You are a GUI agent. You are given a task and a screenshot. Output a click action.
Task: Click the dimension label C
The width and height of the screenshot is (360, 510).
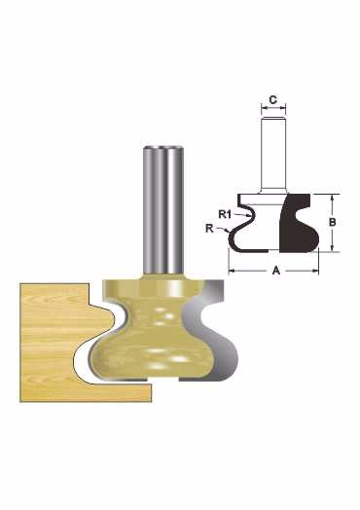tap(273, 99)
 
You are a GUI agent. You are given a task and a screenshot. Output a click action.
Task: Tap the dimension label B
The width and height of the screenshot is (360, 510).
tap(333, 222)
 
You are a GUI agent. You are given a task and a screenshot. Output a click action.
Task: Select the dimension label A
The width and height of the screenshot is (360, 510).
tap(275, 270)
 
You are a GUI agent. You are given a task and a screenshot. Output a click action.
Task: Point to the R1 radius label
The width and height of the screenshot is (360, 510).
tap(225, 214)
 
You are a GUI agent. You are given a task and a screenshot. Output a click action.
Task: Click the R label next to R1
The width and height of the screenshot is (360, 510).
tap(209, 229)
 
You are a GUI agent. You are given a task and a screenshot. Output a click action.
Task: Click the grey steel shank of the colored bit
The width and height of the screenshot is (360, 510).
tap(162, 211)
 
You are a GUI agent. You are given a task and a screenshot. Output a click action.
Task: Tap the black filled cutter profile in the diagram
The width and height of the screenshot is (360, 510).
tap(299, 223)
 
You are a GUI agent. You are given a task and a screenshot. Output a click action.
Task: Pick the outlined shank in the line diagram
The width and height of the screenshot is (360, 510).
tap(273, 156)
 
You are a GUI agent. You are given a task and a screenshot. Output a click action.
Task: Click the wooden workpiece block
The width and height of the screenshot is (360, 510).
tap(65, 342)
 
